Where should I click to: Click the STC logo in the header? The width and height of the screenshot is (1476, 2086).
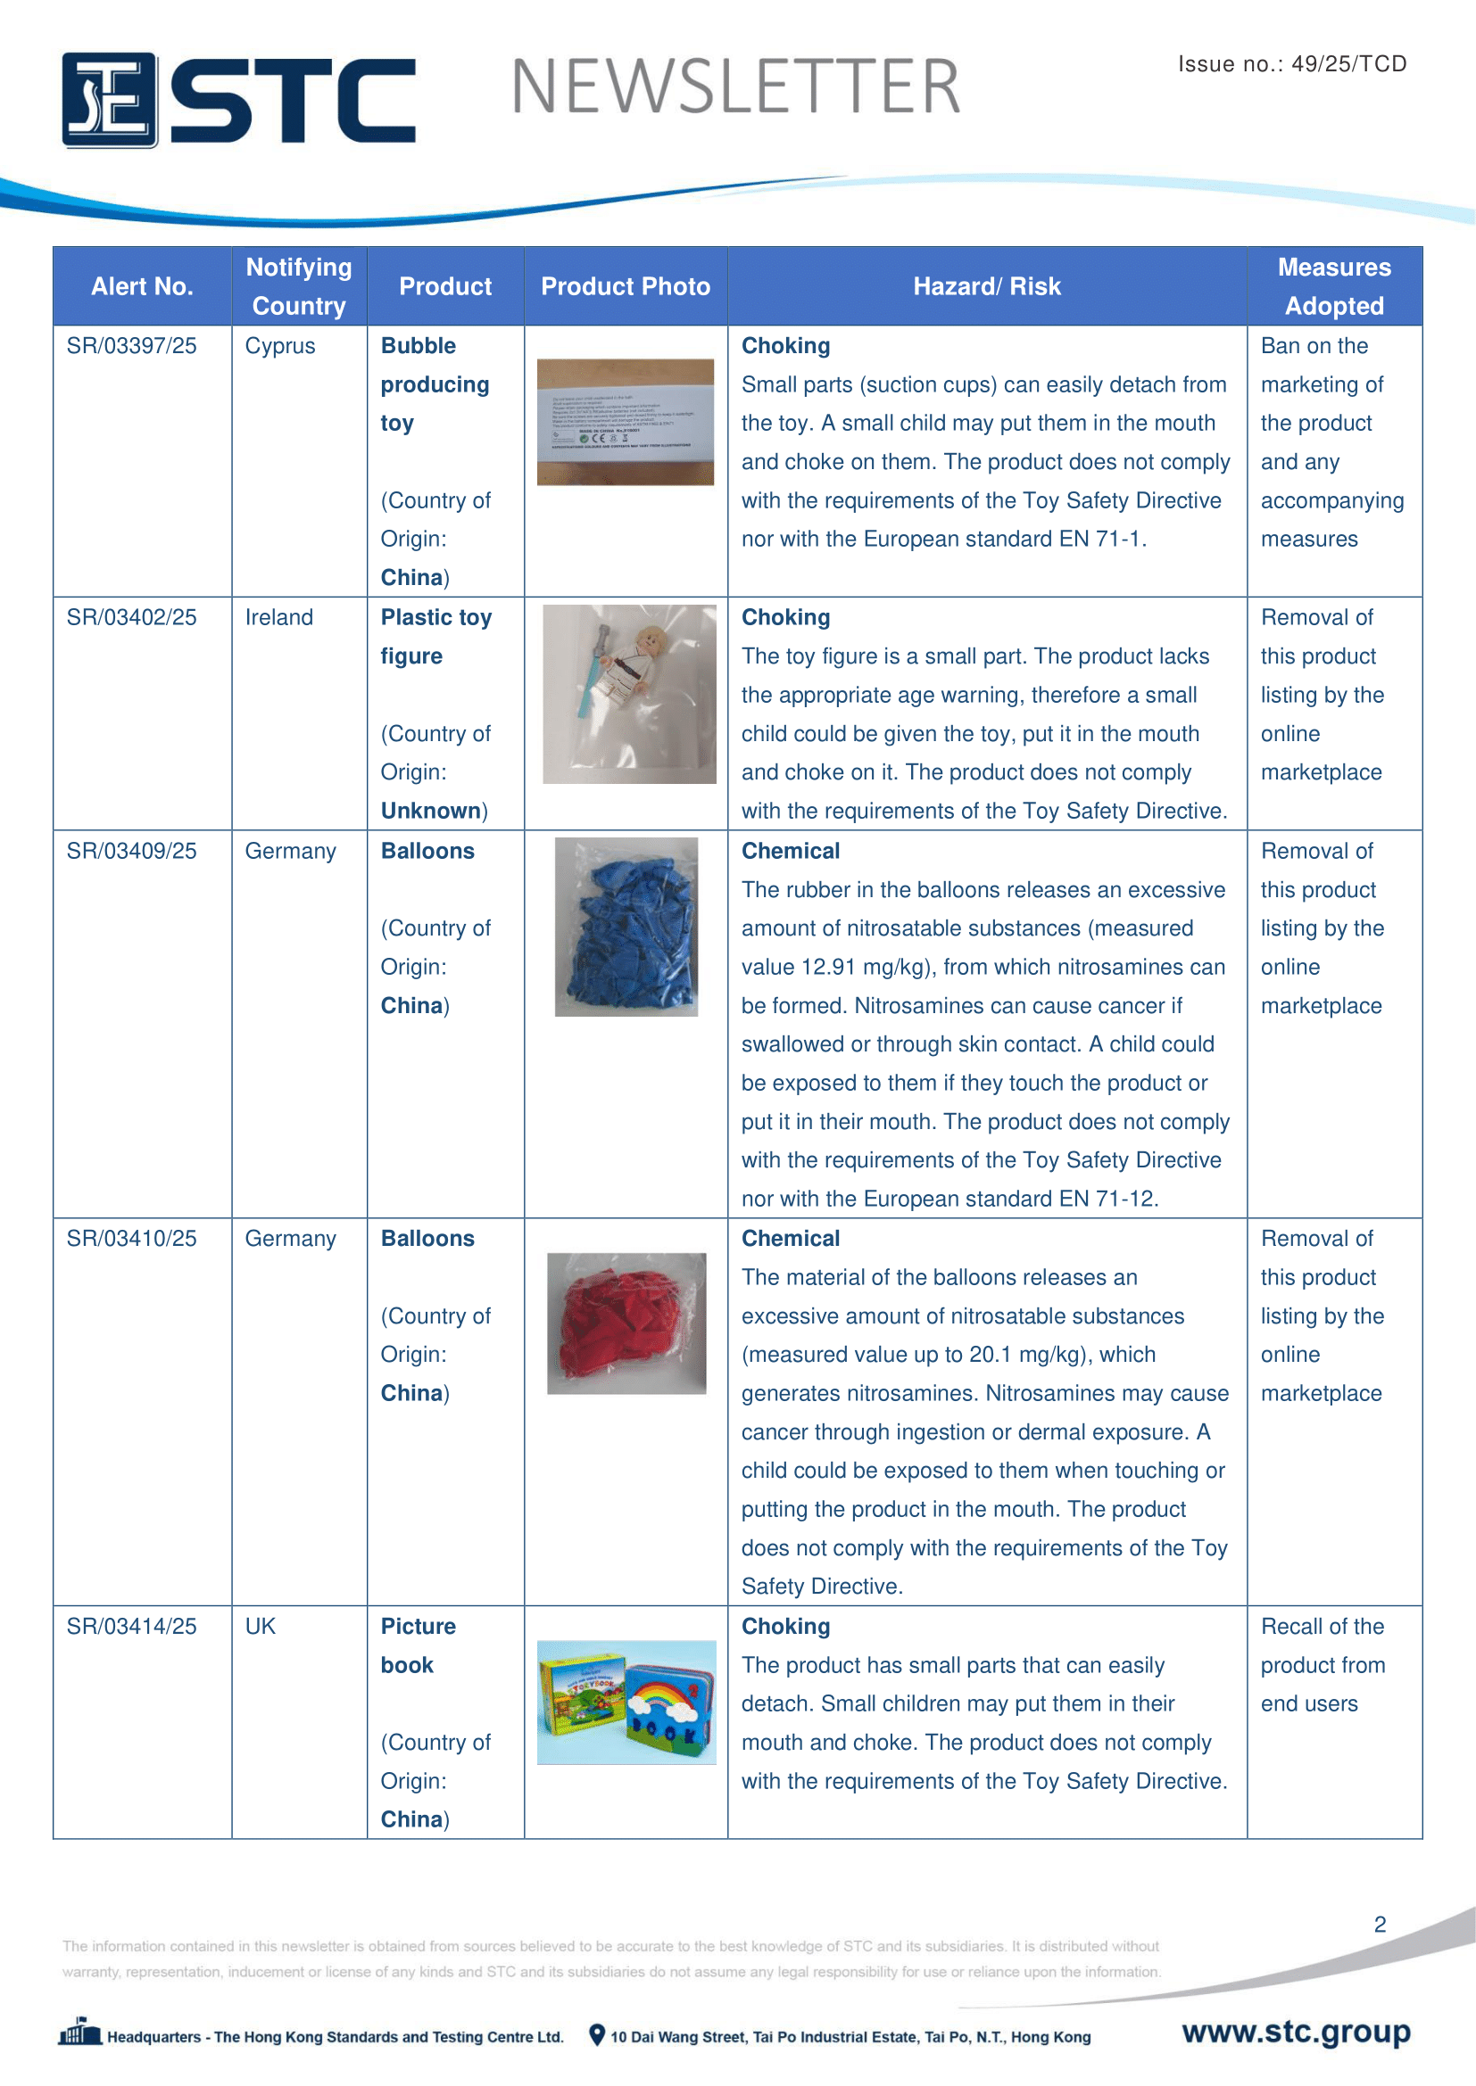(x=238, y=100)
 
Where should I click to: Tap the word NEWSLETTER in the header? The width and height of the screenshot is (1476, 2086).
(x=735, y=87)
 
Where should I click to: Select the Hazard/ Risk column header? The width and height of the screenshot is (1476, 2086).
(x=986, y=286)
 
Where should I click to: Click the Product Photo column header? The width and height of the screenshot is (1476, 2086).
(x=626, y=286)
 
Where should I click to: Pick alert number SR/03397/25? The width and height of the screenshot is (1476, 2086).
(x=132, y=346)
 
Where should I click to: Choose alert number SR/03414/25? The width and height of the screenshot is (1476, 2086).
(x=132, y=1627)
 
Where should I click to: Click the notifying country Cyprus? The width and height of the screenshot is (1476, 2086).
(x=280, y=346)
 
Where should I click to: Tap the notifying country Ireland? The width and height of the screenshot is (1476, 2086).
(x=279, y=618)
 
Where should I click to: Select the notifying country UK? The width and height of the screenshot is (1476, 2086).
(x=260, y=1627)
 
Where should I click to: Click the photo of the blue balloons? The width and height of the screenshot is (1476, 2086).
(x=626, y=927)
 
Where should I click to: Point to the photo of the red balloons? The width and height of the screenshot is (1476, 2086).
(x=626, y=1323)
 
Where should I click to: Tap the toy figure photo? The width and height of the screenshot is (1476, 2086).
(x=629, y=694)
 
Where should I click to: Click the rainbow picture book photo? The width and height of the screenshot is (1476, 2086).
(x=626, y=1703)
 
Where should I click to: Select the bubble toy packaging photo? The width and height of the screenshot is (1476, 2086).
(x=626, y=423)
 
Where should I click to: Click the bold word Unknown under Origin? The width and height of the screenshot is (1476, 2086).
(x=431, y=811)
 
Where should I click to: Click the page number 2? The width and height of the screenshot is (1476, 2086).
(x=1380, y=1925)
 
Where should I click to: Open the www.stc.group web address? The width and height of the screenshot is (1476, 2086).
(x=1296, y=2032)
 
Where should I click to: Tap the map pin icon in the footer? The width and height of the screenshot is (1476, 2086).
(x=597, y=2035)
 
